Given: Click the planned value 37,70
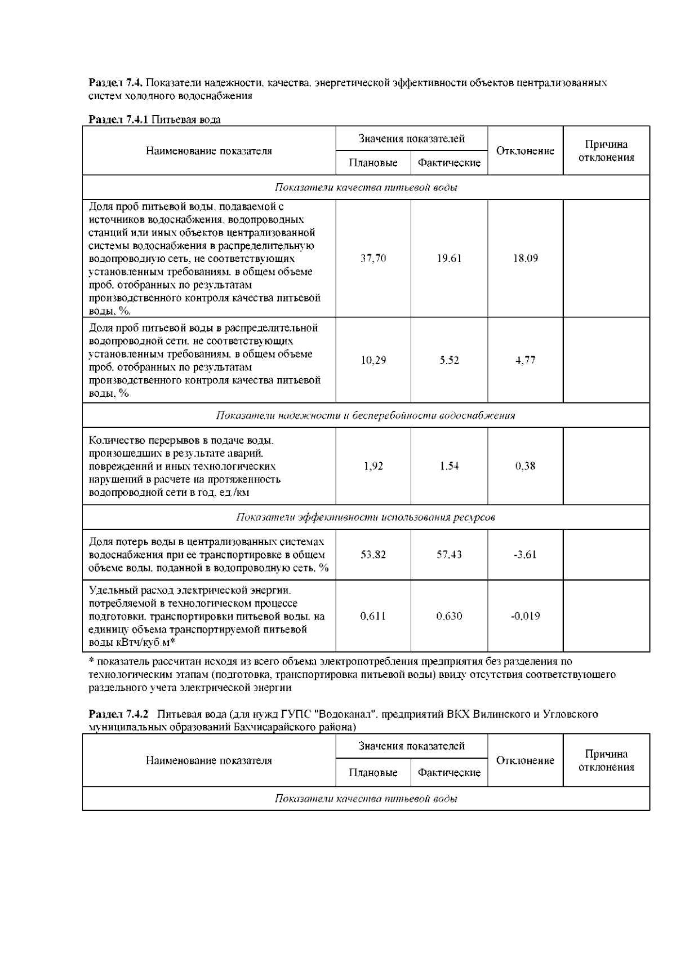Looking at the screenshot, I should tap(373, 258).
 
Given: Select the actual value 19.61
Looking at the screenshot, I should tap(449, 258).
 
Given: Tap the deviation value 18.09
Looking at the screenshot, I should tap(525, 258).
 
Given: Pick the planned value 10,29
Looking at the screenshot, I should tap(373, 360).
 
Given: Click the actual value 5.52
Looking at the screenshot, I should tap(449, 360).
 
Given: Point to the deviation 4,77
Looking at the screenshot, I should tap(525, 360).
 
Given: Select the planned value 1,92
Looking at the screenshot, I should tap(373, 466).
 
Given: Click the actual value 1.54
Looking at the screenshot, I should tap(449, 466).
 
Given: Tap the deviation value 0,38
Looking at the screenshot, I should tap(525, 466).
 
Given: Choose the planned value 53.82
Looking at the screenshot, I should tap(373, 554).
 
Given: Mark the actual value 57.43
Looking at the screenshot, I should tap(449, 554).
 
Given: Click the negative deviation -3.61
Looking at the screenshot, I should tap(525, 554).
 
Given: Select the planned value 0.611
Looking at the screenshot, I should tap(373, 616).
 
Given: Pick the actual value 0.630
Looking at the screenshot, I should tap(449, 616).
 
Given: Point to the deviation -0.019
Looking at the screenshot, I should tap(525, 616).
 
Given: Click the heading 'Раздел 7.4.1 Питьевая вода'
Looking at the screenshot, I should tap(155, 119).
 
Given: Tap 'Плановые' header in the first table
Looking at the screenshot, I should tap(373, 163).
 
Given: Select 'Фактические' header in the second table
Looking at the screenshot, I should tap(449, 773).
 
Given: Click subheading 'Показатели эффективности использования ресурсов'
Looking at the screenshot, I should tap(366, 517).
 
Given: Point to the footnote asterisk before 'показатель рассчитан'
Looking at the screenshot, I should tap(91, 661).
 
